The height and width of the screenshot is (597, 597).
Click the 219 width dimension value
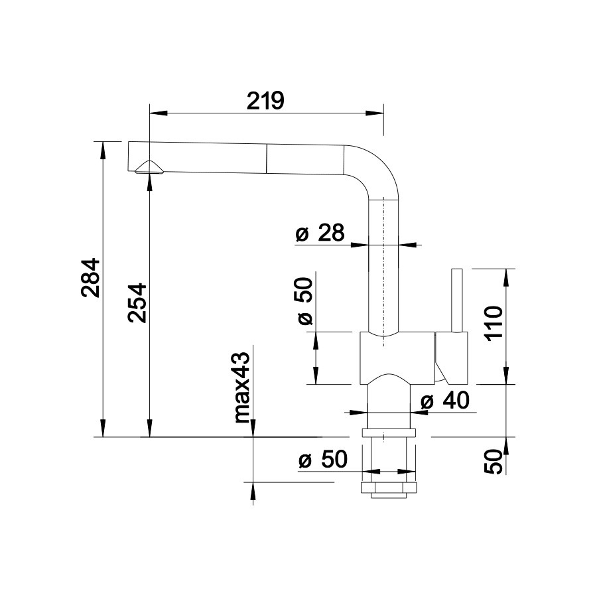point(265,101)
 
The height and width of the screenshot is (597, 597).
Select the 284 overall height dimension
point(91,278)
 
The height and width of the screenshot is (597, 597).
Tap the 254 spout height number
point(137,302)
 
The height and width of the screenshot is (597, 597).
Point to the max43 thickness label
point(241,387)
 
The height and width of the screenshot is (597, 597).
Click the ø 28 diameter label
point(320,232)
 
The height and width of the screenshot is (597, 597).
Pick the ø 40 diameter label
point(444,400)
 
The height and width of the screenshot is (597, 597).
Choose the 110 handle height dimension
point(495,323)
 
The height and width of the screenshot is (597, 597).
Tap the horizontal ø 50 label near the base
point(323,459)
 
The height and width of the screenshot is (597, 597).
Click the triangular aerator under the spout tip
point(150,168)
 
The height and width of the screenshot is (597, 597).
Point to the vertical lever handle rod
point(456,300)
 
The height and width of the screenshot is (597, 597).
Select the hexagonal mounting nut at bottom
point(388,488)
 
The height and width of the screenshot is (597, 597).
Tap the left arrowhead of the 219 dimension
point(159,113)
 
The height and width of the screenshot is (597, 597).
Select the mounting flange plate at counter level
point(389,433)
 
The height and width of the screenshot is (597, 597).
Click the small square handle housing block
point(451,358)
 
